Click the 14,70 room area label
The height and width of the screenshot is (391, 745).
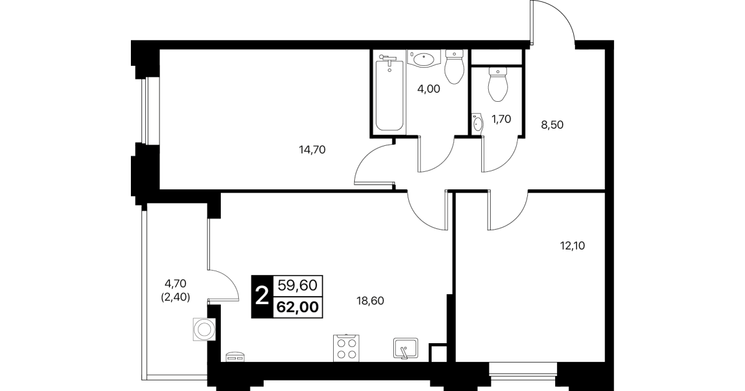(x=312, y=150)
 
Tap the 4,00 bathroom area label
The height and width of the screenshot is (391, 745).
(x=429, y=89)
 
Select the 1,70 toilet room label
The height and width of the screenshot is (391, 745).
(x=501, y=119)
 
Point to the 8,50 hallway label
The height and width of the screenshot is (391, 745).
(x=552, y=125)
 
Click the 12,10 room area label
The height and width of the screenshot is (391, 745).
(x=573, y=246)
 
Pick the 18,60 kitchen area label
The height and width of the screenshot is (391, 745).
(x=370, y=301)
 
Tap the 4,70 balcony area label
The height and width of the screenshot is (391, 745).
(x=176, y=284)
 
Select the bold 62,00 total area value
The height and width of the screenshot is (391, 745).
(x=298, y=307)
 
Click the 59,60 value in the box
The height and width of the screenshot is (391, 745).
(x=298, y=285)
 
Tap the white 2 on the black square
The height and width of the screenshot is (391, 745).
(x=262, y=296)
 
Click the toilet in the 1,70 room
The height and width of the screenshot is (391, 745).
(x=498, y=84)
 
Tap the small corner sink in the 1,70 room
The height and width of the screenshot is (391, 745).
(x=478, y=124)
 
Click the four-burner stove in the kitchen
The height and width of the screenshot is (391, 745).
(x=346, y=348)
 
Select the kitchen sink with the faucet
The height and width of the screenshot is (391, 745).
(x=406, y=348)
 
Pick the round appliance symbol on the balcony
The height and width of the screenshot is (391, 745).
(x=204, y=330)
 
